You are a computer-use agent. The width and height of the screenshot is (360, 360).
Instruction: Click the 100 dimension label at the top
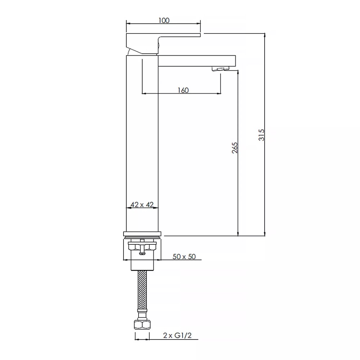[163, 21]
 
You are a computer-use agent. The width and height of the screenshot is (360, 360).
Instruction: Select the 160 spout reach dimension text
[183, 90]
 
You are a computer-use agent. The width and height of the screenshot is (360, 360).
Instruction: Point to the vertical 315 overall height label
[262, 135]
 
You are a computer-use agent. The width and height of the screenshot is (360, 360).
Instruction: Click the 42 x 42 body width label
[142, 204]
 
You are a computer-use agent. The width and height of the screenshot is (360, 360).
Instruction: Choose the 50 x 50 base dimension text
[184, 256]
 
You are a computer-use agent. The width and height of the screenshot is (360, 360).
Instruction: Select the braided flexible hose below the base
[142, 292]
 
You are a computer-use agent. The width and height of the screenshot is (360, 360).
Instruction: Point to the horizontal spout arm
[196, 60]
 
